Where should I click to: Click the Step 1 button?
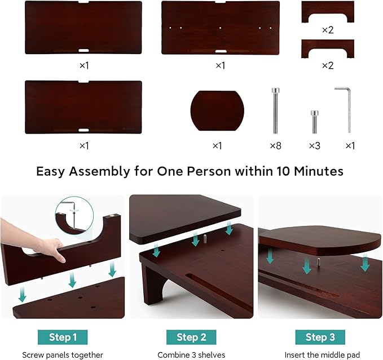pos(63,337)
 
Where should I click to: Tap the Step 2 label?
pos(191,337)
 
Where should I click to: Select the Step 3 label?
pos(320,337)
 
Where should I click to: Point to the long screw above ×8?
pos(275,109)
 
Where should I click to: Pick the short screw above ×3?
pos(314,119)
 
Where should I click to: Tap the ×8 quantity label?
pos(275,145)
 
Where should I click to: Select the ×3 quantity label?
pos(314,145)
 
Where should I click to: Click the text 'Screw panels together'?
pos(63,355)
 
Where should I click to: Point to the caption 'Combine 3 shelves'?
pos(191,355)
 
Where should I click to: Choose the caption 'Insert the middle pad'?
pos(320,355)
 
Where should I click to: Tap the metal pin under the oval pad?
pos(319,263)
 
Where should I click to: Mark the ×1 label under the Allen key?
pos(350,145)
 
